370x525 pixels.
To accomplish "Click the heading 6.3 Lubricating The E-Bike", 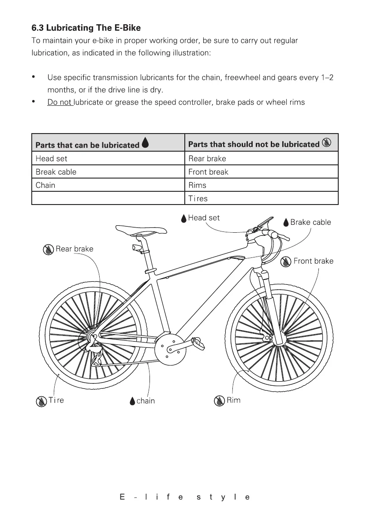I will click(86, 28).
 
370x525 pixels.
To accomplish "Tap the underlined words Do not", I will click(60, 103).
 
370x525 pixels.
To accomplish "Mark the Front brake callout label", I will click(313, 261).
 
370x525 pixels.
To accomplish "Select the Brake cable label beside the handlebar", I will click(310, 222).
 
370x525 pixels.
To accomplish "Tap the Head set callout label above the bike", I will click(203, 218).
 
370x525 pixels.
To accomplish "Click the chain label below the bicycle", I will click(146, 401).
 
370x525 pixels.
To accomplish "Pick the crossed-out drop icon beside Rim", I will click(219, 401).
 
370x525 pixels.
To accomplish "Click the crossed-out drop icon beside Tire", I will click(41, 401).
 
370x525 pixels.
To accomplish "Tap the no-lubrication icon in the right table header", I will click(327, 143).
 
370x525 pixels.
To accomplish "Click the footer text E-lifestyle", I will click(185, 497).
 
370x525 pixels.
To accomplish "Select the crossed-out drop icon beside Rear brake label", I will click(49, 249).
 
